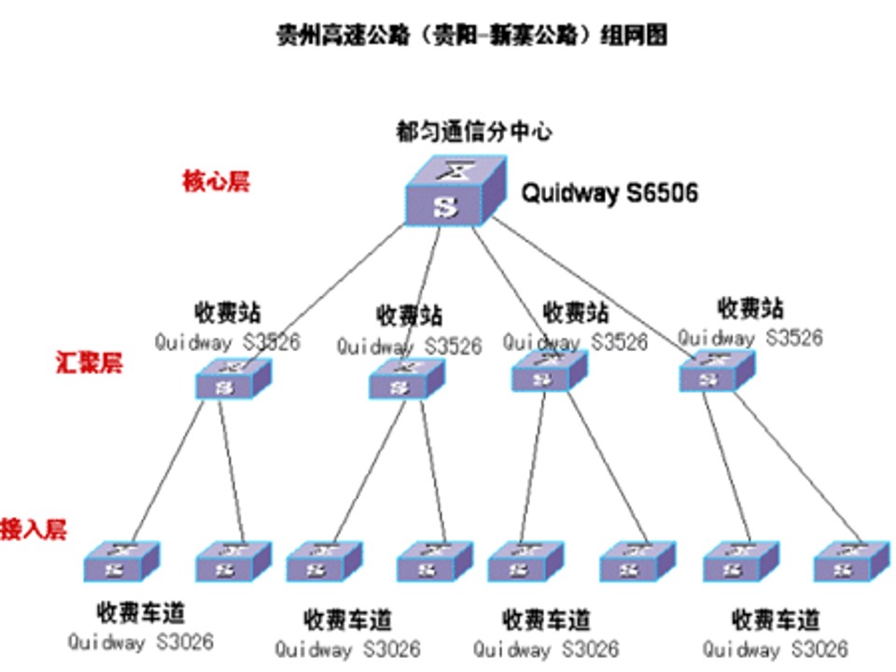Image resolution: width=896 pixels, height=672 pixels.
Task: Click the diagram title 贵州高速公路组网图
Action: tap(472, 35)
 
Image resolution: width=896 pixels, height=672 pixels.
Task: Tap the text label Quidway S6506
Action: tap(609, 193)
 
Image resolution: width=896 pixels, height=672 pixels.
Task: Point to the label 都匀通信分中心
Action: tap(473, 132)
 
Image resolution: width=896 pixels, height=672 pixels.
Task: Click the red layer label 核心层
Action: tap(216, 181)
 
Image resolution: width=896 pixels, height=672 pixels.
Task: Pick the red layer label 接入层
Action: tap(35, 528)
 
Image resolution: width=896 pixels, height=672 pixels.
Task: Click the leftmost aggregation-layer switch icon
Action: tap(233, 380)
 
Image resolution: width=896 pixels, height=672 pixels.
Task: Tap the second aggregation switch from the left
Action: tap(407, 378)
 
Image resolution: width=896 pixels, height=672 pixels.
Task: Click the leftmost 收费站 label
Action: tap(228, 311)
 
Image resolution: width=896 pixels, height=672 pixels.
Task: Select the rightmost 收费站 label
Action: tap(750, 307)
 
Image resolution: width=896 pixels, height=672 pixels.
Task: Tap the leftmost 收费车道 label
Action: tap(141, 613)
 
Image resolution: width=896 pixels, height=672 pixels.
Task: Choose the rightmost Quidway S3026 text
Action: tap(775, 648)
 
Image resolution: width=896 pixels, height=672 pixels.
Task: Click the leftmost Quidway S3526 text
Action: tap(228, 342)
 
